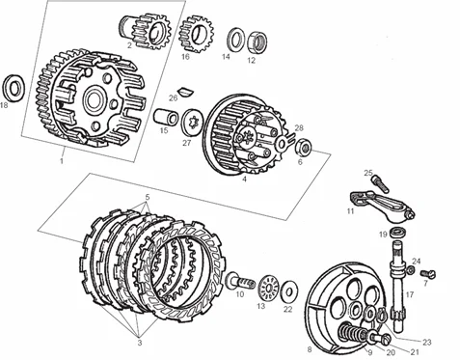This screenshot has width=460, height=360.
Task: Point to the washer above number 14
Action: coord(234,40)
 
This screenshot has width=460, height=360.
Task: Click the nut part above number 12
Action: coord(258,42)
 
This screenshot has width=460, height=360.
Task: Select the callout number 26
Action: coord(173,97)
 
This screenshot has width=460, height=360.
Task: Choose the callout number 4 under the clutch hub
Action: coord(245,179)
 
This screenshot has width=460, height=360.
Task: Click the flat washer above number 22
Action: coord(287,289)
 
